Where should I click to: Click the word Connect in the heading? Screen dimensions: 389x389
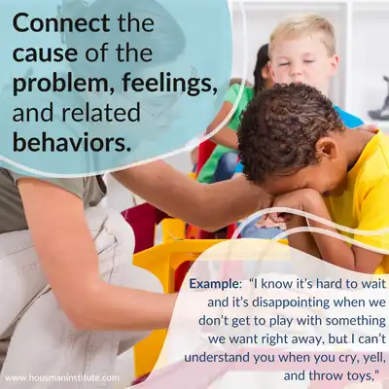point(61,23)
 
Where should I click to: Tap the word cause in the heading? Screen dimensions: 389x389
point(46,53)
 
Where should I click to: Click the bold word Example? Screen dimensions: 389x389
point(215,284)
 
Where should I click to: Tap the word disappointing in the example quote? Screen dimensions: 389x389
point(291,302)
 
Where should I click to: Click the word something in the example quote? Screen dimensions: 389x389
point(356,321)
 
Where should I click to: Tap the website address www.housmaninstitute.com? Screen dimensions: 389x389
point(62,377)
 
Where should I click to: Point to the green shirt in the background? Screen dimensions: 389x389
point(227,133)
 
